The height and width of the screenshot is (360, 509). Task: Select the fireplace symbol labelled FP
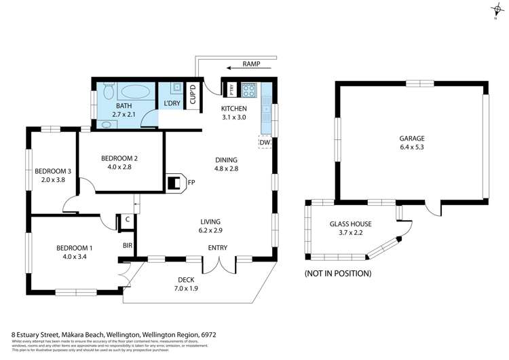coord(175,182)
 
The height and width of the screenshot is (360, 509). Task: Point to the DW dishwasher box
coord(265,143)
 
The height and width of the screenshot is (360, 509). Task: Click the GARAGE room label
coord(412,138)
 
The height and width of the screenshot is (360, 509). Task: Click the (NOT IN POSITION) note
coord(338,273)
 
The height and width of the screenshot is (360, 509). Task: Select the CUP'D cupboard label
coord(192,95)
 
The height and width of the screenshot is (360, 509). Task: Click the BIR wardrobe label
coord(127,245)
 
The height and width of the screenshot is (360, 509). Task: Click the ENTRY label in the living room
coord(218,247)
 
